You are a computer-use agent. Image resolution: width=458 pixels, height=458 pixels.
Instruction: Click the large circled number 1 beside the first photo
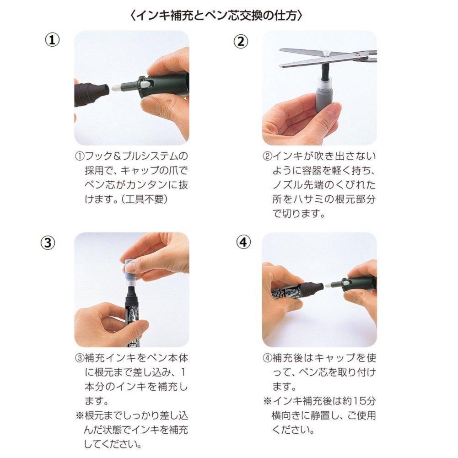click(52, 40)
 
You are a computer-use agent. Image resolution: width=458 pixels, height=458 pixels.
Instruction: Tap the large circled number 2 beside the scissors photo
click(240, 41)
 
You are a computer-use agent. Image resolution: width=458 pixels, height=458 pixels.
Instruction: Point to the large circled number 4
click(243, 242)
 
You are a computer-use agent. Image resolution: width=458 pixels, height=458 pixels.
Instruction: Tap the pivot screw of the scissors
click(327, 53)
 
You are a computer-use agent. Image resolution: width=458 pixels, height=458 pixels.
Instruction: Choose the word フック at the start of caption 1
click(98, 156)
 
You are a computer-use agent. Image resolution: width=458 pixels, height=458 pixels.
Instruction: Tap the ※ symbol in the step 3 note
click(80, 415)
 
